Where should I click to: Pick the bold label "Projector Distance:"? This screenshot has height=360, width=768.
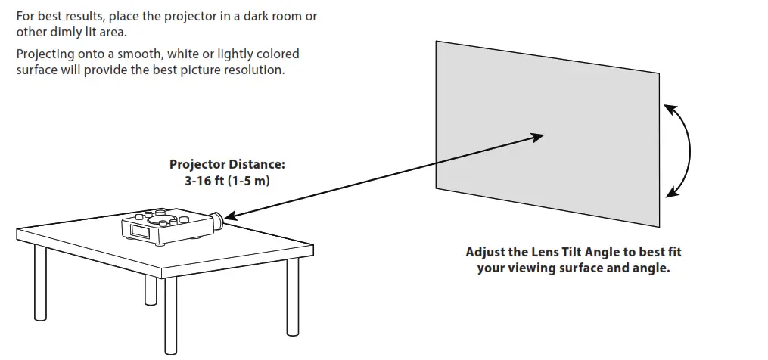[227, 165]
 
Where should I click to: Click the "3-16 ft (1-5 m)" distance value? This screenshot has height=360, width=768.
[227, 181]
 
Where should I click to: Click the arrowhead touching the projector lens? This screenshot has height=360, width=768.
[232, 216]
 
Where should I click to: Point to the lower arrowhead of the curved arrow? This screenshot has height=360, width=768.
[671, 192]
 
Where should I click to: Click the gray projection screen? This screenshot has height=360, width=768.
[548, 134]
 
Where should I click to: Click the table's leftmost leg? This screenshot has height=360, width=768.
[40, 283]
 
